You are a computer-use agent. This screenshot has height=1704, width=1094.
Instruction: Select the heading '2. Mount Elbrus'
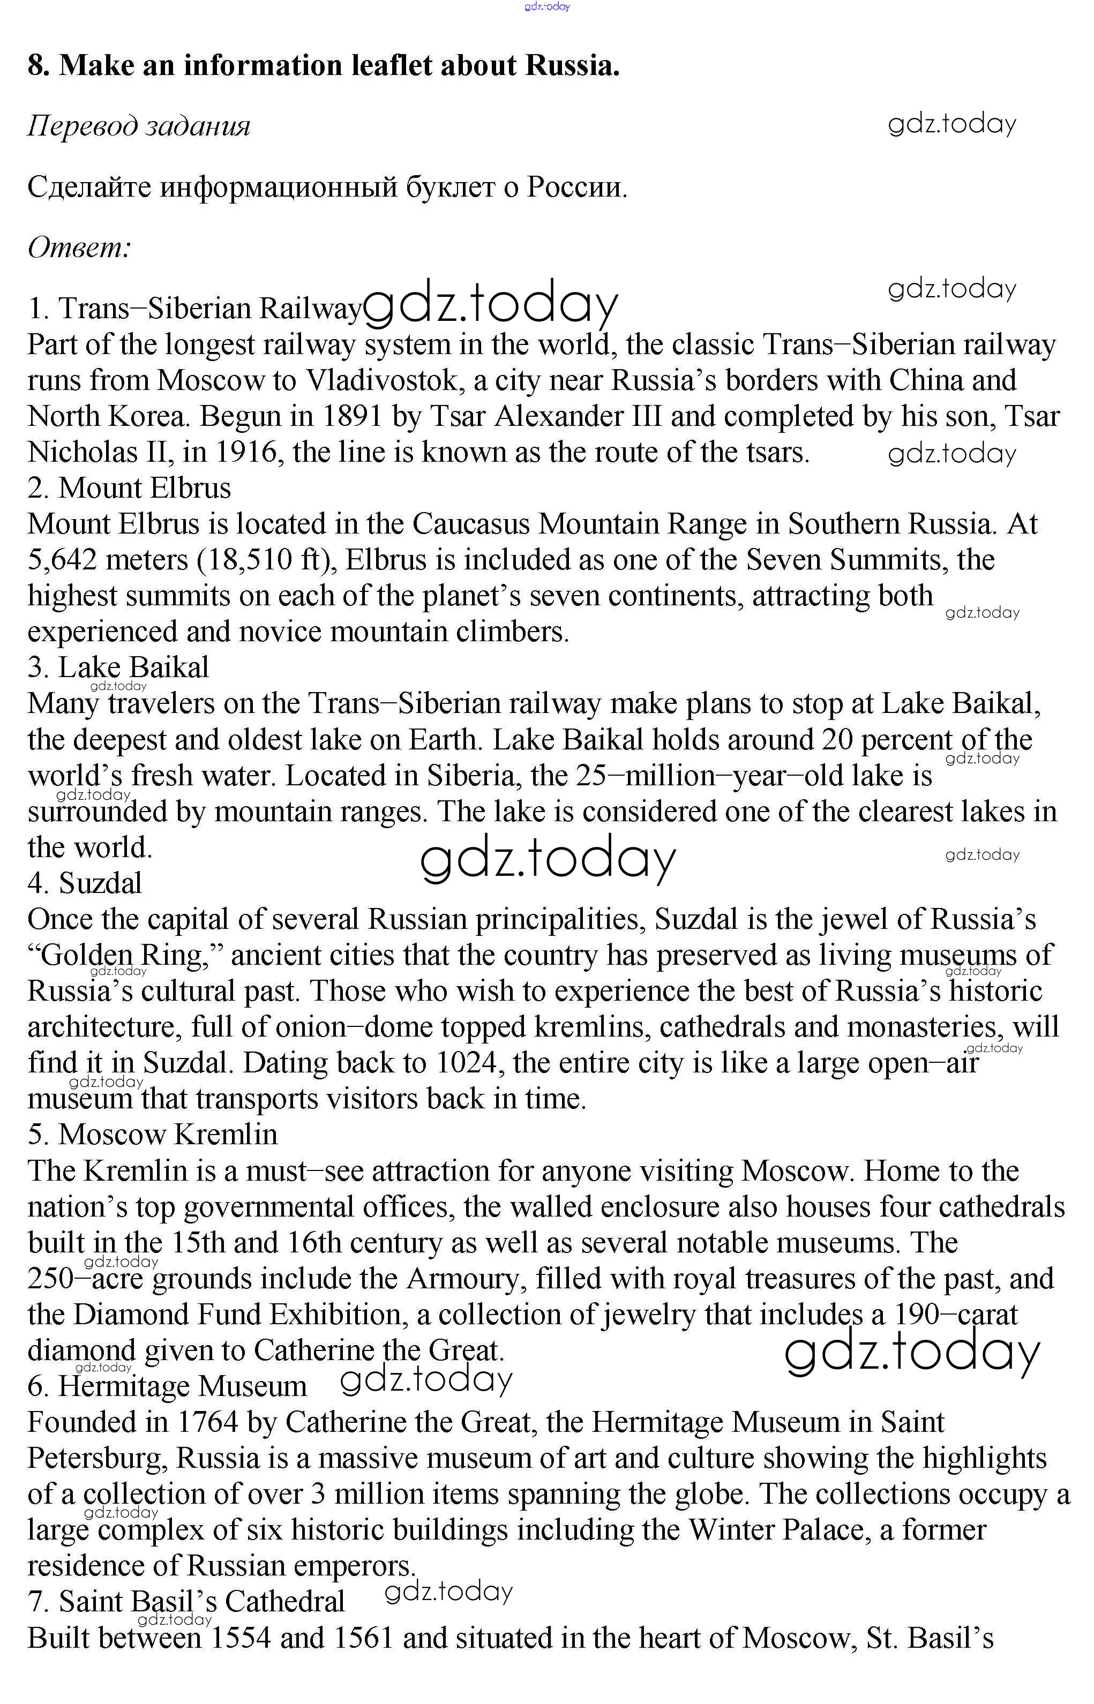129,488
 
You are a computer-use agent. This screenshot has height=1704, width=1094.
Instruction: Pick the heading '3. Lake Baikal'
118,667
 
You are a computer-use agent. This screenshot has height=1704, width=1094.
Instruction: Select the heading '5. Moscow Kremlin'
153,1135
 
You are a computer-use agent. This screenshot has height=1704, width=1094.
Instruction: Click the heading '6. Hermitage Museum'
167,1386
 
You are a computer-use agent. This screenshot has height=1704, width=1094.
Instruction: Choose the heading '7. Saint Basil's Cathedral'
186,1602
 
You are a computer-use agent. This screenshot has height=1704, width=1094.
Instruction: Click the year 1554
241,1638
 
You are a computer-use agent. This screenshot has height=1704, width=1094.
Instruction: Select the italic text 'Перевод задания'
139,126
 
